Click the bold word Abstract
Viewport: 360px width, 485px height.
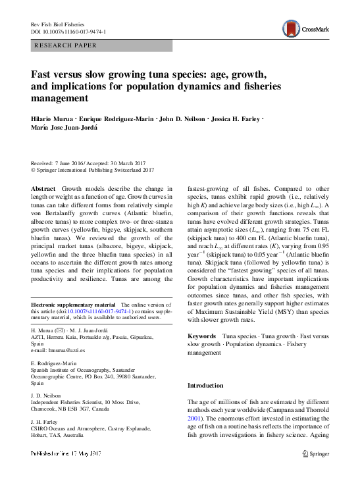click(x=43, y=188)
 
